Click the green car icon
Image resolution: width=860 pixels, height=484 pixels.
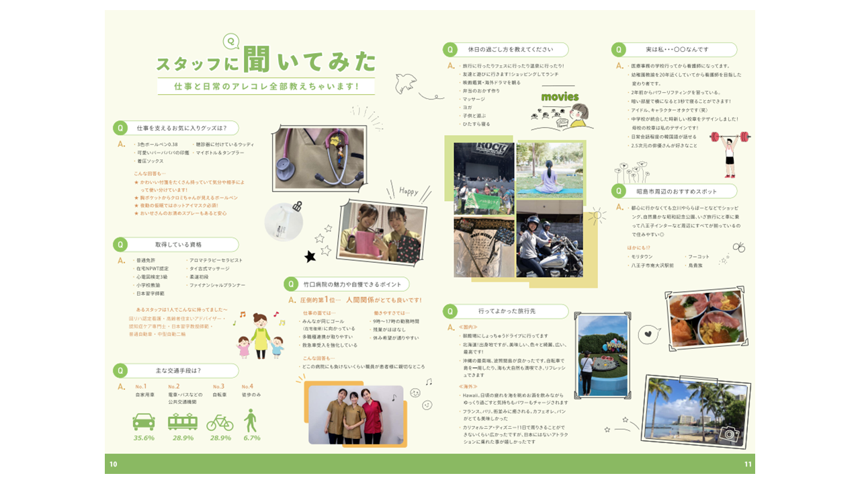coord(144,421)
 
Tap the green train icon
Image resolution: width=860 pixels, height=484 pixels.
coord(182,421)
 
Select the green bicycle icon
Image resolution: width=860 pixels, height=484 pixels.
coord(220,421)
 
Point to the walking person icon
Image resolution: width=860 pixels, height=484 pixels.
coord(251,420)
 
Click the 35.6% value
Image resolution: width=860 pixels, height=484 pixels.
coord(144,438)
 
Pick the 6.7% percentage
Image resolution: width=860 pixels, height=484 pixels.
coord(252,438)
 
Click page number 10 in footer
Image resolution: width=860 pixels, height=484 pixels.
coord(114,464)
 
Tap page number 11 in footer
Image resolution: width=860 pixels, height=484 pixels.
coord(748,464)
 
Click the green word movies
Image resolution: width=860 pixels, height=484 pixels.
coord(560,97)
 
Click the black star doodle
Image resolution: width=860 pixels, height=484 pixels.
coord(310,256)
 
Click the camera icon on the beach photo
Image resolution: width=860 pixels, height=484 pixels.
coord(729,434)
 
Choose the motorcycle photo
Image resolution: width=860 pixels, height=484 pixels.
coord(550,239)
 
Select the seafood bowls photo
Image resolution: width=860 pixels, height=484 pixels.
coord(706,319)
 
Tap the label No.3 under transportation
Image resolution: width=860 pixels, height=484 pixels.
coord(218,387)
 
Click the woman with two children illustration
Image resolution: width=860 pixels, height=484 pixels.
coord(260,335)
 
